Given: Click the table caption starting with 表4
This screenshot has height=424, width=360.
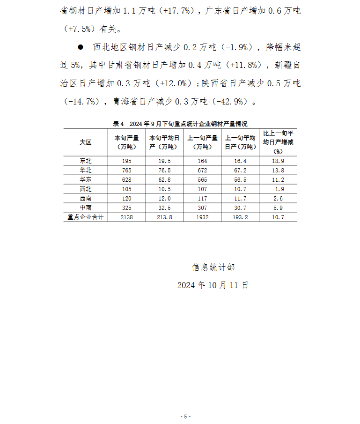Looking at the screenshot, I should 180,124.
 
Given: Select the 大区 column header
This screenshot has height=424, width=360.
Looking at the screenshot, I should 85,142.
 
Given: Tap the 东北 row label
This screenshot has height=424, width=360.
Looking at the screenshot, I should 85,161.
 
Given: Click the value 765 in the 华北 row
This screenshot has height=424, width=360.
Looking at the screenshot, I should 127,171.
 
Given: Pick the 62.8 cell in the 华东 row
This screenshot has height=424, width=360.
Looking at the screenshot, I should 164,180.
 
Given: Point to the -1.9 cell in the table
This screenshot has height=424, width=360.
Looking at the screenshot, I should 278,189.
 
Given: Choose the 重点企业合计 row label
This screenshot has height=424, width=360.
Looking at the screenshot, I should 85,217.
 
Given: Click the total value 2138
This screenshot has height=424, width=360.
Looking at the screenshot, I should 127,217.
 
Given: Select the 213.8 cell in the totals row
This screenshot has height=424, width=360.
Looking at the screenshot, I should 164,217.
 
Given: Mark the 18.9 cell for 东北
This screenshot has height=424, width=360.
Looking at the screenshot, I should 278,161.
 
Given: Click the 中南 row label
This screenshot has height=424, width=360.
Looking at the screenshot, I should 85,208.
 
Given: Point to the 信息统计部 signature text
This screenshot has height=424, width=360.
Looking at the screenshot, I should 213,268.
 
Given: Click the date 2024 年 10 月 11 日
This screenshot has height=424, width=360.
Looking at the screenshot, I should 213,285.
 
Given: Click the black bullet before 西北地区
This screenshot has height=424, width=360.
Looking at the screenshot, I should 80,47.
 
